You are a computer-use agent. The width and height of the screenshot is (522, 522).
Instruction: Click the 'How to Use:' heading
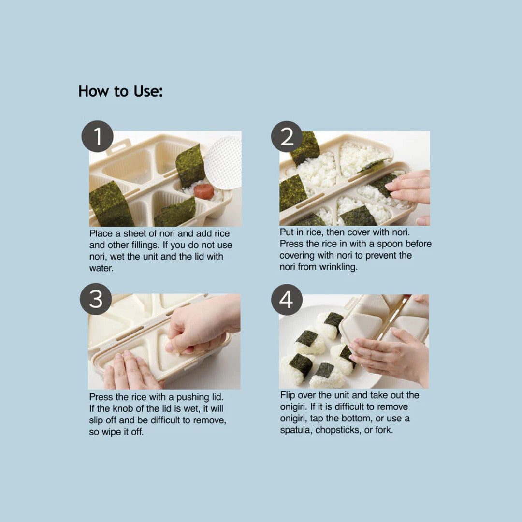point(120,91)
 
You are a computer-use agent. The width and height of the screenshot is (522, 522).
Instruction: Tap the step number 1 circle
point(98,136)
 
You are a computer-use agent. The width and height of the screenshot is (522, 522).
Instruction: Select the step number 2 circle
point(287,136)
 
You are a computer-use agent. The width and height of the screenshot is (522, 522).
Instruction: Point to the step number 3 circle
point(96,299)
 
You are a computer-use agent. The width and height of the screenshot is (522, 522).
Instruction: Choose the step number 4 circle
point(287,300)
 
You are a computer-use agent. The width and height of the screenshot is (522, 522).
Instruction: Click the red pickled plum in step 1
point(203,191)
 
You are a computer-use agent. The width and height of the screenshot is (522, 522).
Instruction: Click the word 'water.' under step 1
point(101,268)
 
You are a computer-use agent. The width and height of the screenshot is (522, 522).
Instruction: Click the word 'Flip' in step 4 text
point(288,395)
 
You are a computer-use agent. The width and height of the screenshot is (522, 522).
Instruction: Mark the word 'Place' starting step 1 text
point(101,233)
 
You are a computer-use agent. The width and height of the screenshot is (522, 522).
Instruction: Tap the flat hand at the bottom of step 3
point(132,371)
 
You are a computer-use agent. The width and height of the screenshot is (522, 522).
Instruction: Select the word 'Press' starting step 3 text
point(101,397)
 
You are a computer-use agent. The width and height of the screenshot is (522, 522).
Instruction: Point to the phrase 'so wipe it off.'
point(116,432)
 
